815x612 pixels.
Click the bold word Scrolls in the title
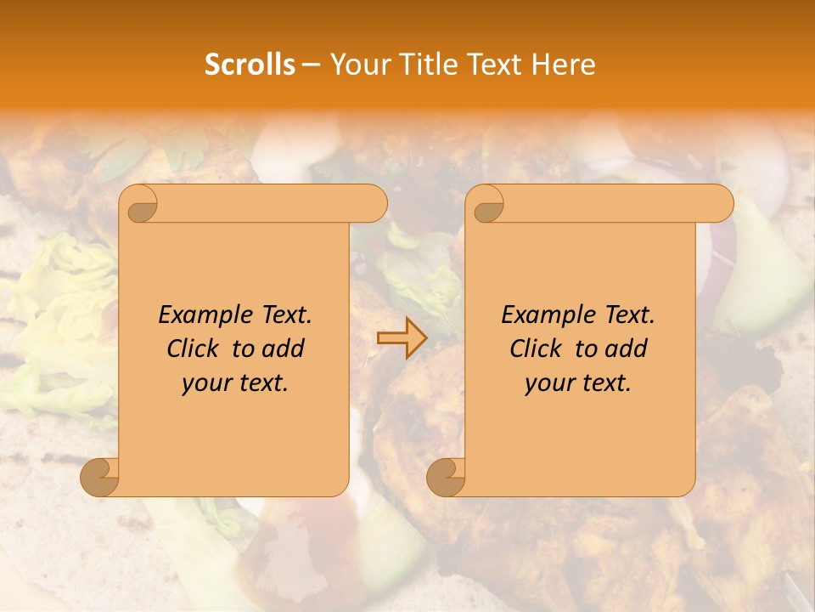250,65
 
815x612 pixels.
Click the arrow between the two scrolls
402,338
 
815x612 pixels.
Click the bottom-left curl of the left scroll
100,477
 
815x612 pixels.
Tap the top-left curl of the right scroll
487,204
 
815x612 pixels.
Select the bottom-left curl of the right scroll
447,477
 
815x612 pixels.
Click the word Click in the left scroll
193,348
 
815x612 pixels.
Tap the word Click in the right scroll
536,348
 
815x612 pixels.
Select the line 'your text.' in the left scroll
235,382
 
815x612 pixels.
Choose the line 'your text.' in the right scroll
578,382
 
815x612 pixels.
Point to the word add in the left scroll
284,348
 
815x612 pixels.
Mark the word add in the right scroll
627,348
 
